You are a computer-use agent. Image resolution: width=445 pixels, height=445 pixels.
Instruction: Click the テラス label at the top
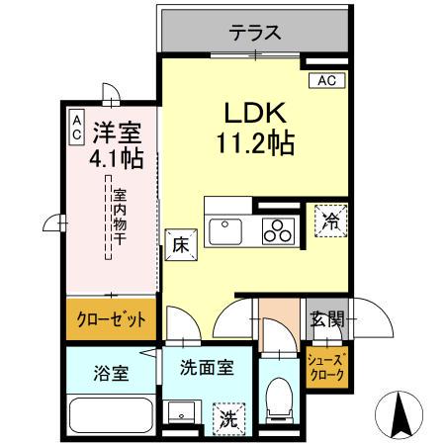point(255,33)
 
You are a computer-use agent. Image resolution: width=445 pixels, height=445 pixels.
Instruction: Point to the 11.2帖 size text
point(255,144)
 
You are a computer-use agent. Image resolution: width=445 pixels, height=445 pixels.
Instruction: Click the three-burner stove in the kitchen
point(278,230)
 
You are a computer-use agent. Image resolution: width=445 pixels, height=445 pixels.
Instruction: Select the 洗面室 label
point(207,367)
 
